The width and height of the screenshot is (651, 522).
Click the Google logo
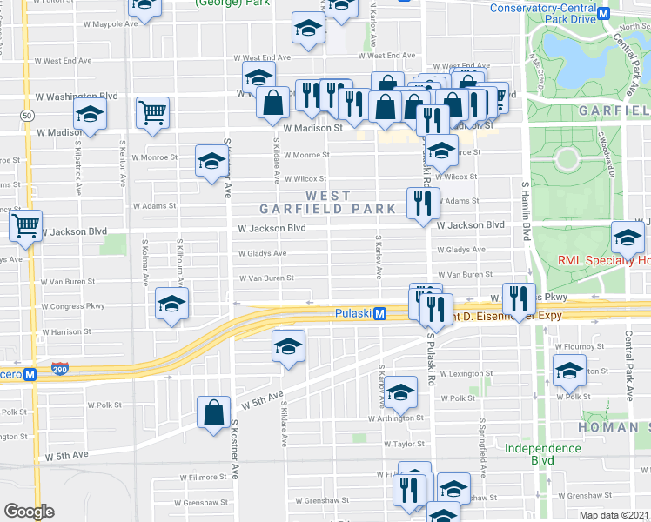coord(29,512)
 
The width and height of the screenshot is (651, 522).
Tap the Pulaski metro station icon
coord(380,314)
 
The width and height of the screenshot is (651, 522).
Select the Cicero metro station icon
coord(30,375)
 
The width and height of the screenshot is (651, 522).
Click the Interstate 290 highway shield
coord(59,369)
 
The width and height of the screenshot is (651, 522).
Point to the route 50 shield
coord(29,115)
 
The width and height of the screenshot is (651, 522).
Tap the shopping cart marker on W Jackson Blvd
coord(25,226)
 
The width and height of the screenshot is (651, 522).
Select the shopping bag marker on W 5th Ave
coord(213,412)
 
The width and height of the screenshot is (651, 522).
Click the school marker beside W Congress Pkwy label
coord(171,304)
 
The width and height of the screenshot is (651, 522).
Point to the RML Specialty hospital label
coord(603,260)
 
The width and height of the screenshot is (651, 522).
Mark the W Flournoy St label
coord(581,345)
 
